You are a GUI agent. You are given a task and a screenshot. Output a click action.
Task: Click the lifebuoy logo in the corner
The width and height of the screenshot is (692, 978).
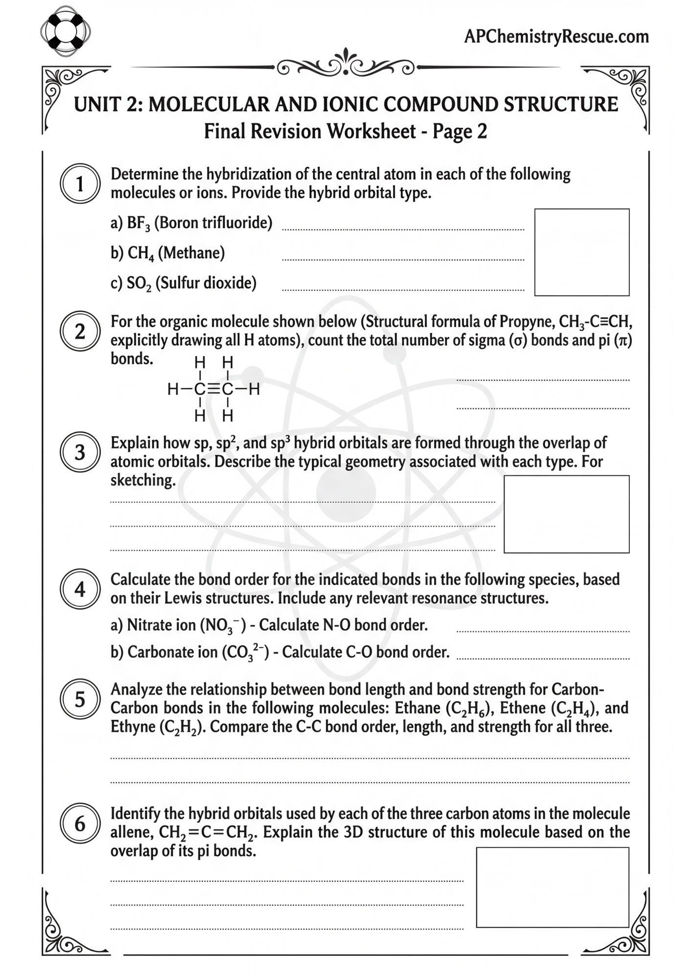pyautogui.click(x=65, y=32)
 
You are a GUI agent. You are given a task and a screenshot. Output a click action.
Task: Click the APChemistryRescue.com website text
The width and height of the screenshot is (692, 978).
pyautogui.click(x=556, y=36)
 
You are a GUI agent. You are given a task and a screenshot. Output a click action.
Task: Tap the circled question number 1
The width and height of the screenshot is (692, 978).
pyautogui.click(x=80, y=184)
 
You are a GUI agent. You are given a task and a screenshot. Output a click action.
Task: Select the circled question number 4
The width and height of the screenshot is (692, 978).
pyautogui.click(x=80, y=589)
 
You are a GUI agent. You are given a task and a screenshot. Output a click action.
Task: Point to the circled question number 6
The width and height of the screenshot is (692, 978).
pyautogui.click(x=80, y=823)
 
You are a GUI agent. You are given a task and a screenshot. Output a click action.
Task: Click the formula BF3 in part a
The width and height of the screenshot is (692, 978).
pyautogui.click(x=138, y=223)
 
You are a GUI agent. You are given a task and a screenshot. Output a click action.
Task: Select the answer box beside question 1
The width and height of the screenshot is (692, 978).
pyautogui.click(x=581, y=252)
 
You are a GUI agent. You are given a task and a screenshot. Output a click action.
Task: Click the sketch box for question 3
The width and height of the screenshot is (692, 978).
pyautogui.click(x=566, y=514)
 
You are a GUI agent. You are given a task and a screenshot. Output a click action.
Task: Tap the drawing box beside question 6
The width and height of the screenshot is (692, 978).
pyautogui.click(x=552, y=887)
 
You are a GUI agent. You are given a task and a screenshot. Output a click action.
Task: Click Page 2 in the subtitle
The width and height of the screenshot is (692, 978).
pyautogui.click(x=460, y=132)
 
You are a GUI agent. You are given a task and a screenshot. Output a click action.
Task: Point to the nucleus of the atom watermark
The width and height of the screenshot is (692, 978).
pyautogui.click(x=346, y=493)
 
